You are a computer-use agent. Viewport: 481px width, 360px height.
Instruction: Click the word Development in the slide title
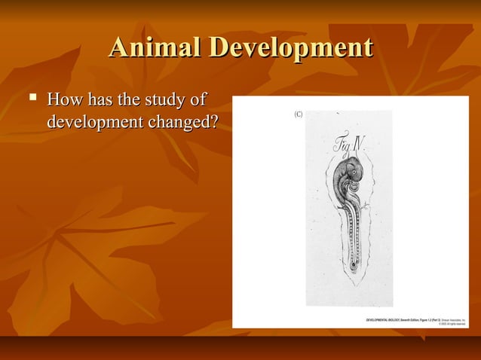290,49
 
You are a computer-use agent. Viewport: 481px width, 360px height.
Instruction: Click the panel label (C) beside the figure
297,114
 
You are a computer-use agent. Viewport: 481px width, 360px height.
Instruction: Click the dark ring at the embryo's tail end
354,266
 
